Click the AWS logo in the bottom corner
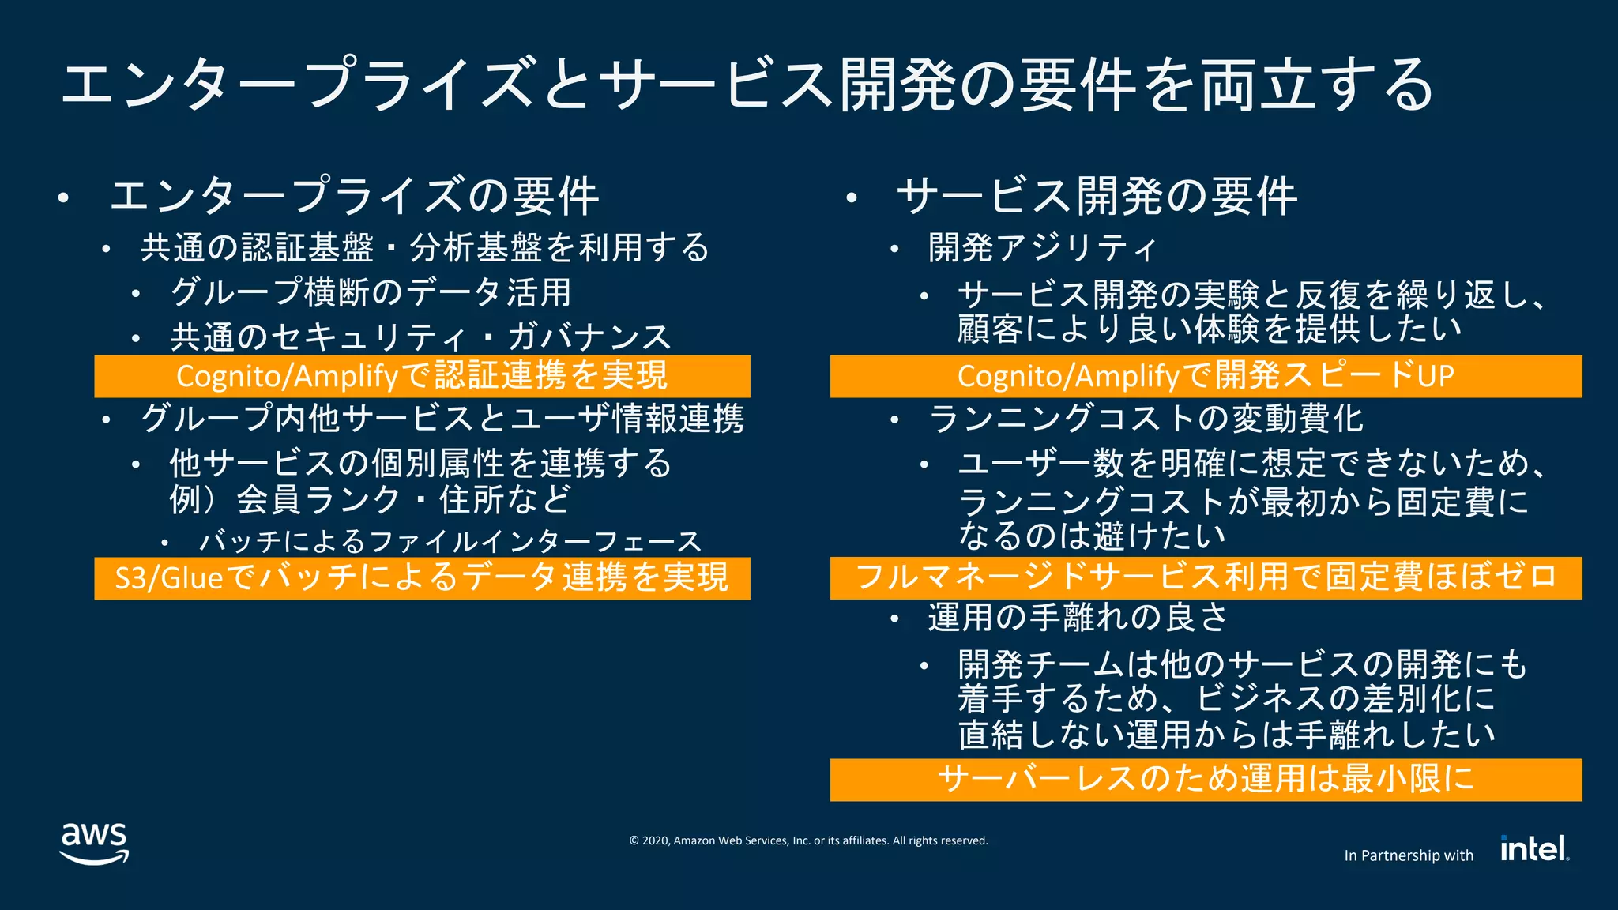[94, 843]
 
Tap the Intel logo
[1534, 848]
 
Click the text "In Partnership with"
[1409, 855]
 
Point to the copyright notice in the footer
[808, 840]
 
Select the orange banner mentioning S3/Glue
[422, 578]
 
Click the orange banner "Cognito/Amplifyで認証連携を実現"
[422, 376]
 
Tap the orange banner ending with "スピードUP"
[1206, 376]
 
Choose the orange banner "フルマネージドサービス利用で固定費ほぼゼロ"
[1206, 577]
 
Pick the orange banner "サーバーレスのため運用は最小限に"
[1206, 780]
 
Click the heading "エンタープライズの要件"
[354, 197]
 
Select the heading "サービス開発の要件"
[1097, 197]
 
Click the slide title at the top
[747, 85]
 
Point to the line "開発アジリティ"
[1042, 248]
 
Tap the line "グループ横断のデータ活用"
[371, 292]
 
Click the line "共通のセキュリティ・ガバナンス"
[420, 337]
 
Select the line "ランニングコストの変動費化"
[1146, 419]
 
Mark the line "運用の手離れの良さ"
[1078, 618]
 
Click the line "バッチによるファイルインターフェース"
[450, 542]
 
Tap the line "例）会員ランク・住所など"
[370, 499]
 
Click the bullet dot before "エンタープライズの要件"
[64, 198]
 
